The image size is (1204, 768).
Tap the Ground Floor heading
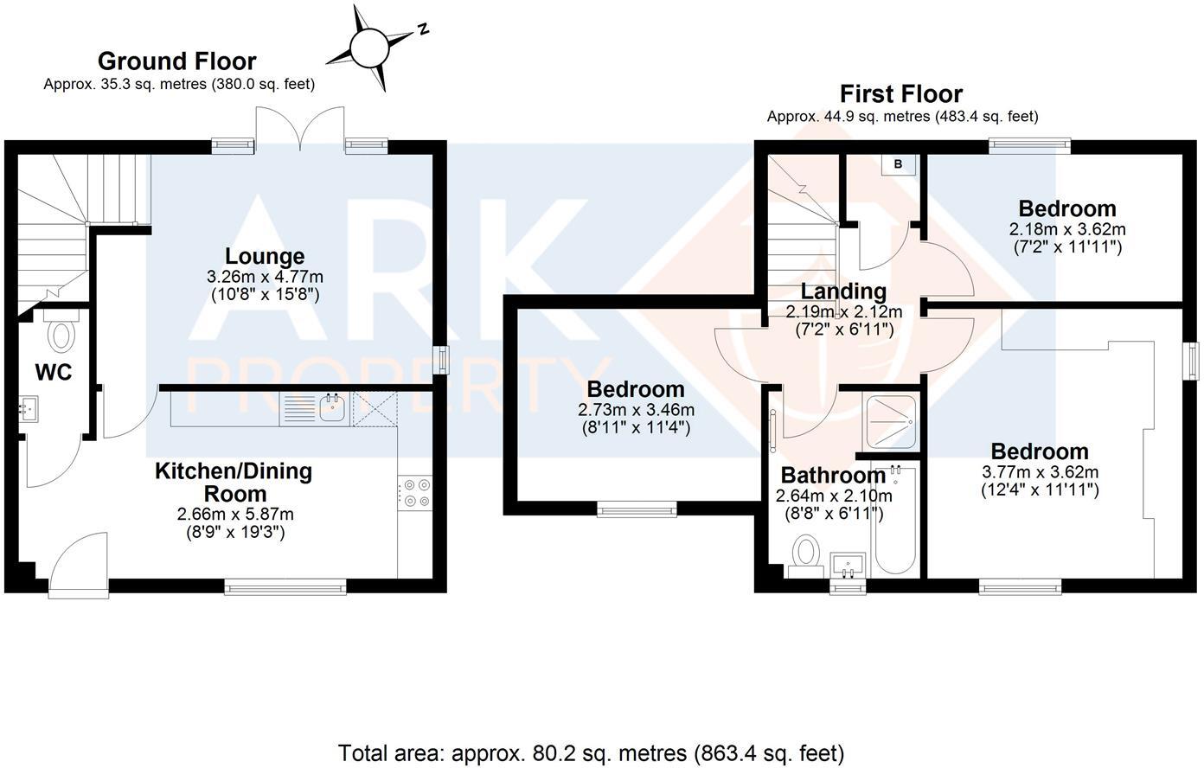(x=176, y=61)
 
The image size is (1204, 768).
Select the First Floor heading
(x=901, y=93)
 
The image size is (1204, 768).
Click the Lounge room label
(x=265, y=256)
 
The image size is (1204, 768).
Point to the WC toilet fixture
(x=60, y=334)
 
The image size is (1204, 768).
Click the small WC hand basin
(x=29, y=408)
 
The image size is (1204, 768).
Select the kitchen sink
(x=331, y=407)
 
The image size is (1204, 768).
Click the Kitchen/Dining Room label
(x=233, y=483)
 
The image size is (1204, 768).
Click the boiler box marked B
(x=898, y=163)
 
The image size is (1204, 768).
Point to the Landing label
(x=842, y=291)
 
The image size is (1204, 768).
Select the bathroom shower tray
(x=890, y=422)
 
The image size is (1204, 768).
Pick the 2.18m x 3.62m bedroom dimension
(x=1067, y=230)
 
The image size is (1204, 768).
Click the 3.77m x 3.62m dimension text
(x=1040, y=472)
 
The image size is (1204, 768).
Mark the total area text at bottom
(x=591, y=752)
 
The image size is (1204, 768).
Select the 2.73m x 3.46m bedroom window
(x=637, y=510)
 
